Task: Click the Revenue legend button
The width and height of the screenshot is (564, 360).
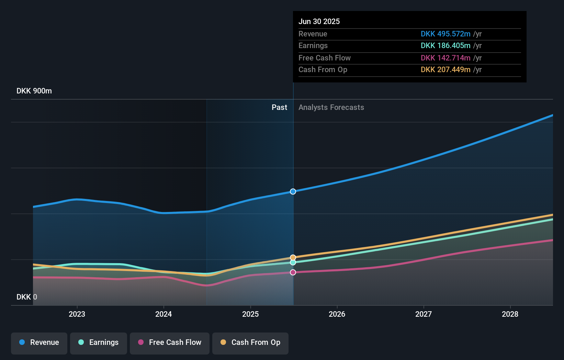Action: tap(39, 342)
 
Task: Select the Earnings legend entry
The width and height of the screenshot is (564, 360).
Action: tap(99, 342)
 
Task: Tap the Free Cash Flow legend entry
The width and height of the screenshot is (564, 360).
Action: tap(170, 342)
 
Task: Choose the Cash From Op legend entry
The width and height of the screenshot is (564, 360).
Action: tap(250, 342)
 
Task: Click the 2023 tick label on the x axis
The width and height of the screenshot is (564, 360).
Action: tap(77, 314)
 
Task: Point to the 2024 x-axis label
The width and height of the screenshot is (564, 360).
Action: tap(163, 314)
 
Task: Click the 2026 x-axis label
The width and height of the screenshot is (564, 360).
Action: tap(337, 314)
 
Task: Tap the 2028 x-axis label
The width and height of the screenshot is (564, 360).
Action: tap(510, 314)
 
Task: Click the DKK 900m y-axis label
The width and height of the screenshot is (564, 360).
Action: tap(34, 91)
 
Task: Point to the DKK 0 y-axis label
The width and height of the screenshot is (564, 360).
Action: tap(27, 297)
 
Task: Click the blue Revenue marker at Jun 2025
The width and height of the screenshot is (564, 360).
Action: tap(293, 191)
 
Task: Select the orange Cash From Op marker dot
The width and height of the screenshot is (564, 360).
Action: tap(293, 257)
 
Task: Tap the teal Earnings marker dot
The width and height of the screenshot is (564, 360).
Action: tap(293, 262)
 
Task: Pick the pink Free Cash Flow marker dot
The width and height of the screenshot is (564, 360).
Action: tap(293, 272)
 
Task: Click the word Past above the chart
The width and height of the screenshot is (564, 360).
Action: tap(279, 108)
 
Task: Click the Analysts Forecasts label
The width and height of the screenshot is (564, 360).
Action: tap(331, 108)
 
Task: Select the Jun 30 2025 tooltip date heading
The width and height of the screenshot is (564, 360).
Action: tap(319, 21)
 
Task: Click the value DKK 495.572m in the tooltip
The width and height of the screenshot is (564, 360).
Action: tap(445, 34)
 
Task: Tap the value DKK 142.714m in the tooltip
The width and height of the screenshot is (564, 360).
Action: tap(445, 58)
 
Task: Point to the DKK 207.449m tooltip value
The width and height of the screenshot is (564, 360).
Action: tap(445, 70)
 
